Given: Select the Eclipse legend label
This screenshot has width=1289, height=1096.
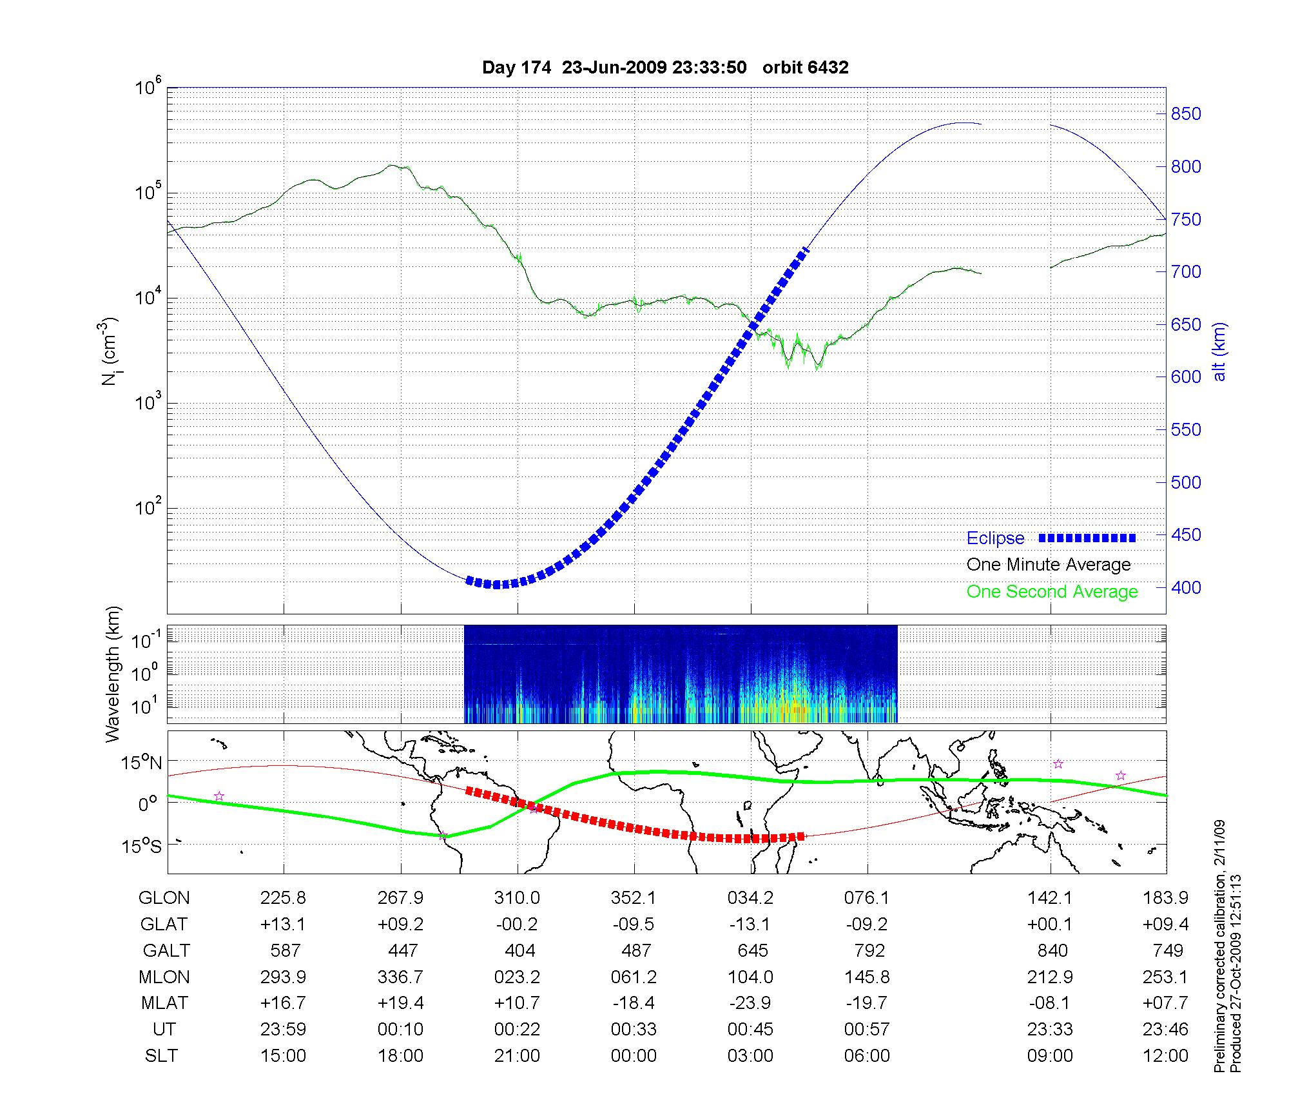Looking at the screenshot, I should point(995,538).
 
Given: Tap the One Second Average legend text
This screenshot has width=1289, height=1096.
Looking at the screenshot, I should point(1052,592).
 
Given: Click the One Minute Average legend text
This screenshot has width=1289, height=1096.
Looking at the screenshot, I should point(1049,565).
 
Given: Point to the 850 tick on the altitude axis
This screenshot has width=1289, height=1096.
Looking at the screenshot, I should point(1186,114).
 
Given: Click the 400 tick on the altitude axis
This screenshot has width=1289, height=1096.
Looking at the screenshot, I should point(1186,587).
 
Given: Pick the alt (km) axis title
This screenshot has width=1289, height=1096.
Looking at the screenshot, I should point(1219,351).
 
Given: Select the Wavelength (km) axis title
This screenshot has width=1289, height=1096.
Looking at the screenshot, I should point(113,674).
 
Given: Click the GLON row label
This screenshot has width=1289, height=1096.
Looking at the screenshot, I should point(164,897).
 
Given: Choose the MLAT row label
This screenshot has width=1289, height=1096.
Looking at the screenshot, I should point(164,1003).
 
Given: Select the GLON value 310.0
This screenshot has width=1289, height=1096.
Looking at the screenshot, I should point(517,897).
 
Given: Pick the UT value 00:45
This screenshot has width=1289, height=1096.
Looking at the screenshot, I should point(750,1030).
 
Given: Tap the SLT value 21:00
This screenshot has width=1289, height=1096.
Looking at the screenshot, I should point(517,1056).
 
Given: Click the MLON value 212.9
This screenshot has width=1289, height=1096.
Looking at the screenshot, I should point(1050,977).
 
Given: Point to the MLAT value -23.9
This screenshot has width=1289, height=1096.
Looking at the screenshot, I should point(750,1003).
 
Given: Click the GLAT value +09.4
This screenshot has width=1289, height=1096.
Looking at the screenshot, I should point(1165,924).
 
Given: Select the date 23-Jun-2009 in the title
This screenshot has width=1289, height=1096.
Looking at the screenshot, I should point(614,68).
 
